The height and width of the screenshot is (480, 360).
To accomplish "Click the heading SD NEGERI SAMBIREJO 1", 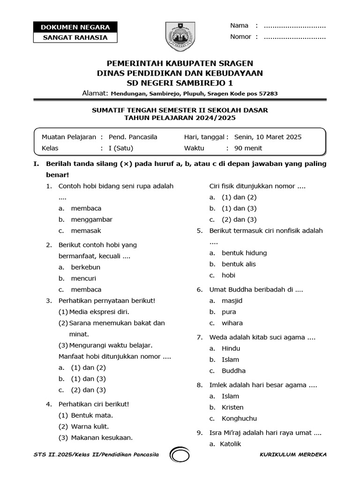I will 180,83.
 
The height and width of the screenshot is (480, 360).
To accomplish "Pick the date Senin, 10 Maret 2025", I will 268,137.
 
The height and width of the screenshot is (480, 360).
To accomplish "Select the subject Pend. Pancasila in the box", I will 133,137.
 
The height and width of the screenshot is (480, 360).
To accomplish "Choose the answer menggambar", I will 92,219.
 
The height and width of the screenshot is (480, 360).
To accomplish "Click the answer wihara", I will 232,323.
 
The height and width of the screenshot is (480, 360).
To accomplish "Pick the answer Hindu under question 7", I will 231,348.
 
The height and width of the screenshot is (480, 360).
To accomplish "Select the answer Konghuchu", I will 240,419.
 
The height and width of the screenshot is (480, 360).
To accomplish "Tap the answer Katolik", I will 230,444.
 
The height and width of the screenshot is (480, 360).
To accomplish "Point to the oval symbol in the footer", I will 180,455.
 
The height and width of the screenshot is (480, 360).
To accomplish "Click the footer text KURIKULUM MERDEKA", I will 293,455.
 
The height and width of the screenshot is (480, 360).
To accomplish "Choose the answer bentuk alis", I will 239,264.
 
